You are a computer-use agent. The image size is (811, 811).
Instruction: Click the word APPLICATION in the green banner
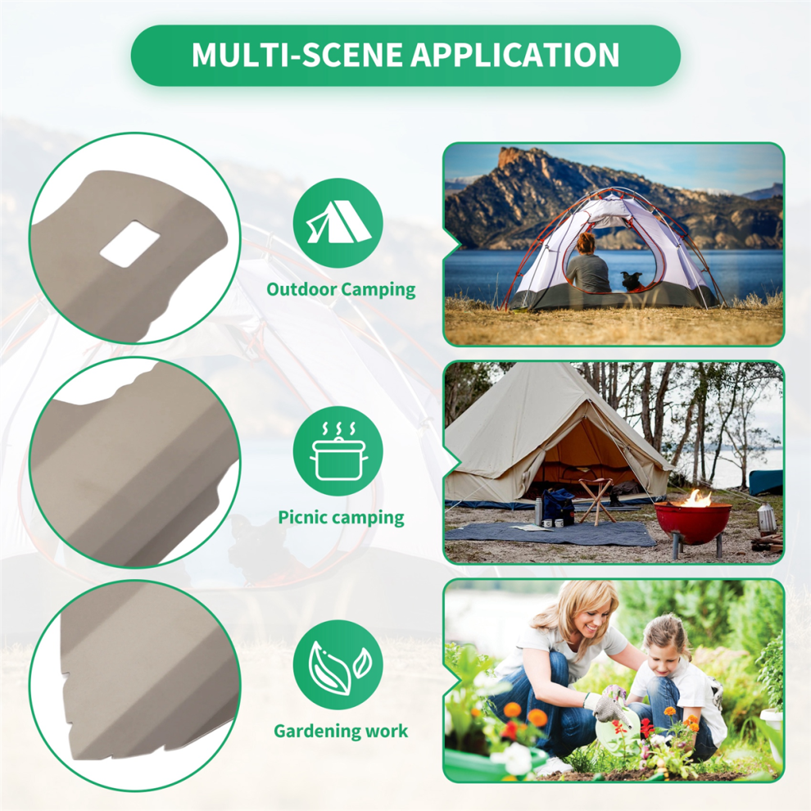pyautogui.click(x=514, y=54)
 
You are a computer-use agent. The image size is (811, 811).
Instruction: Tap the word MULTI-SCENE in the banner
pyautogui.click(x=297, y=54)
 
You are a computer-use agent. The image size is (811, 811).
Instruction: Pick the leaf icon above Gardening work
pyautogui.click(x=339, y=667)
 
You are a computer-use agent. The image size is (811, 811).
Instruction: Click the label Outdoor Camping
pyautogui.click(x=341, y=290)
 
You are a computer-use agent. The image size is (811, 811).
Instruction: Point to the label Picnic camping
pyautogui.click(x=341, y=518)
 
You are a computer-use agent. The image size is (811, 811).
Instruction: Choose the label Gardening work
pyautogui.click(x=341, y=731)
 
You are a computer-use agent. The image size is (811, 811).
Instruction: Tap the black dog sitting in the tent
pyautogui.click(x=632, y=281)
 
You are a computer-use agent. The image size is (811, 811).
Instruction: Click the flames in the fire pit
pyautogui.click(x=696, y=498)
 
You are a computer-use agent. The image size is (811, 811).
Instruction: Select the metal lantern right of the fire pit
pyautogui.click(x=766, y=518)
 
